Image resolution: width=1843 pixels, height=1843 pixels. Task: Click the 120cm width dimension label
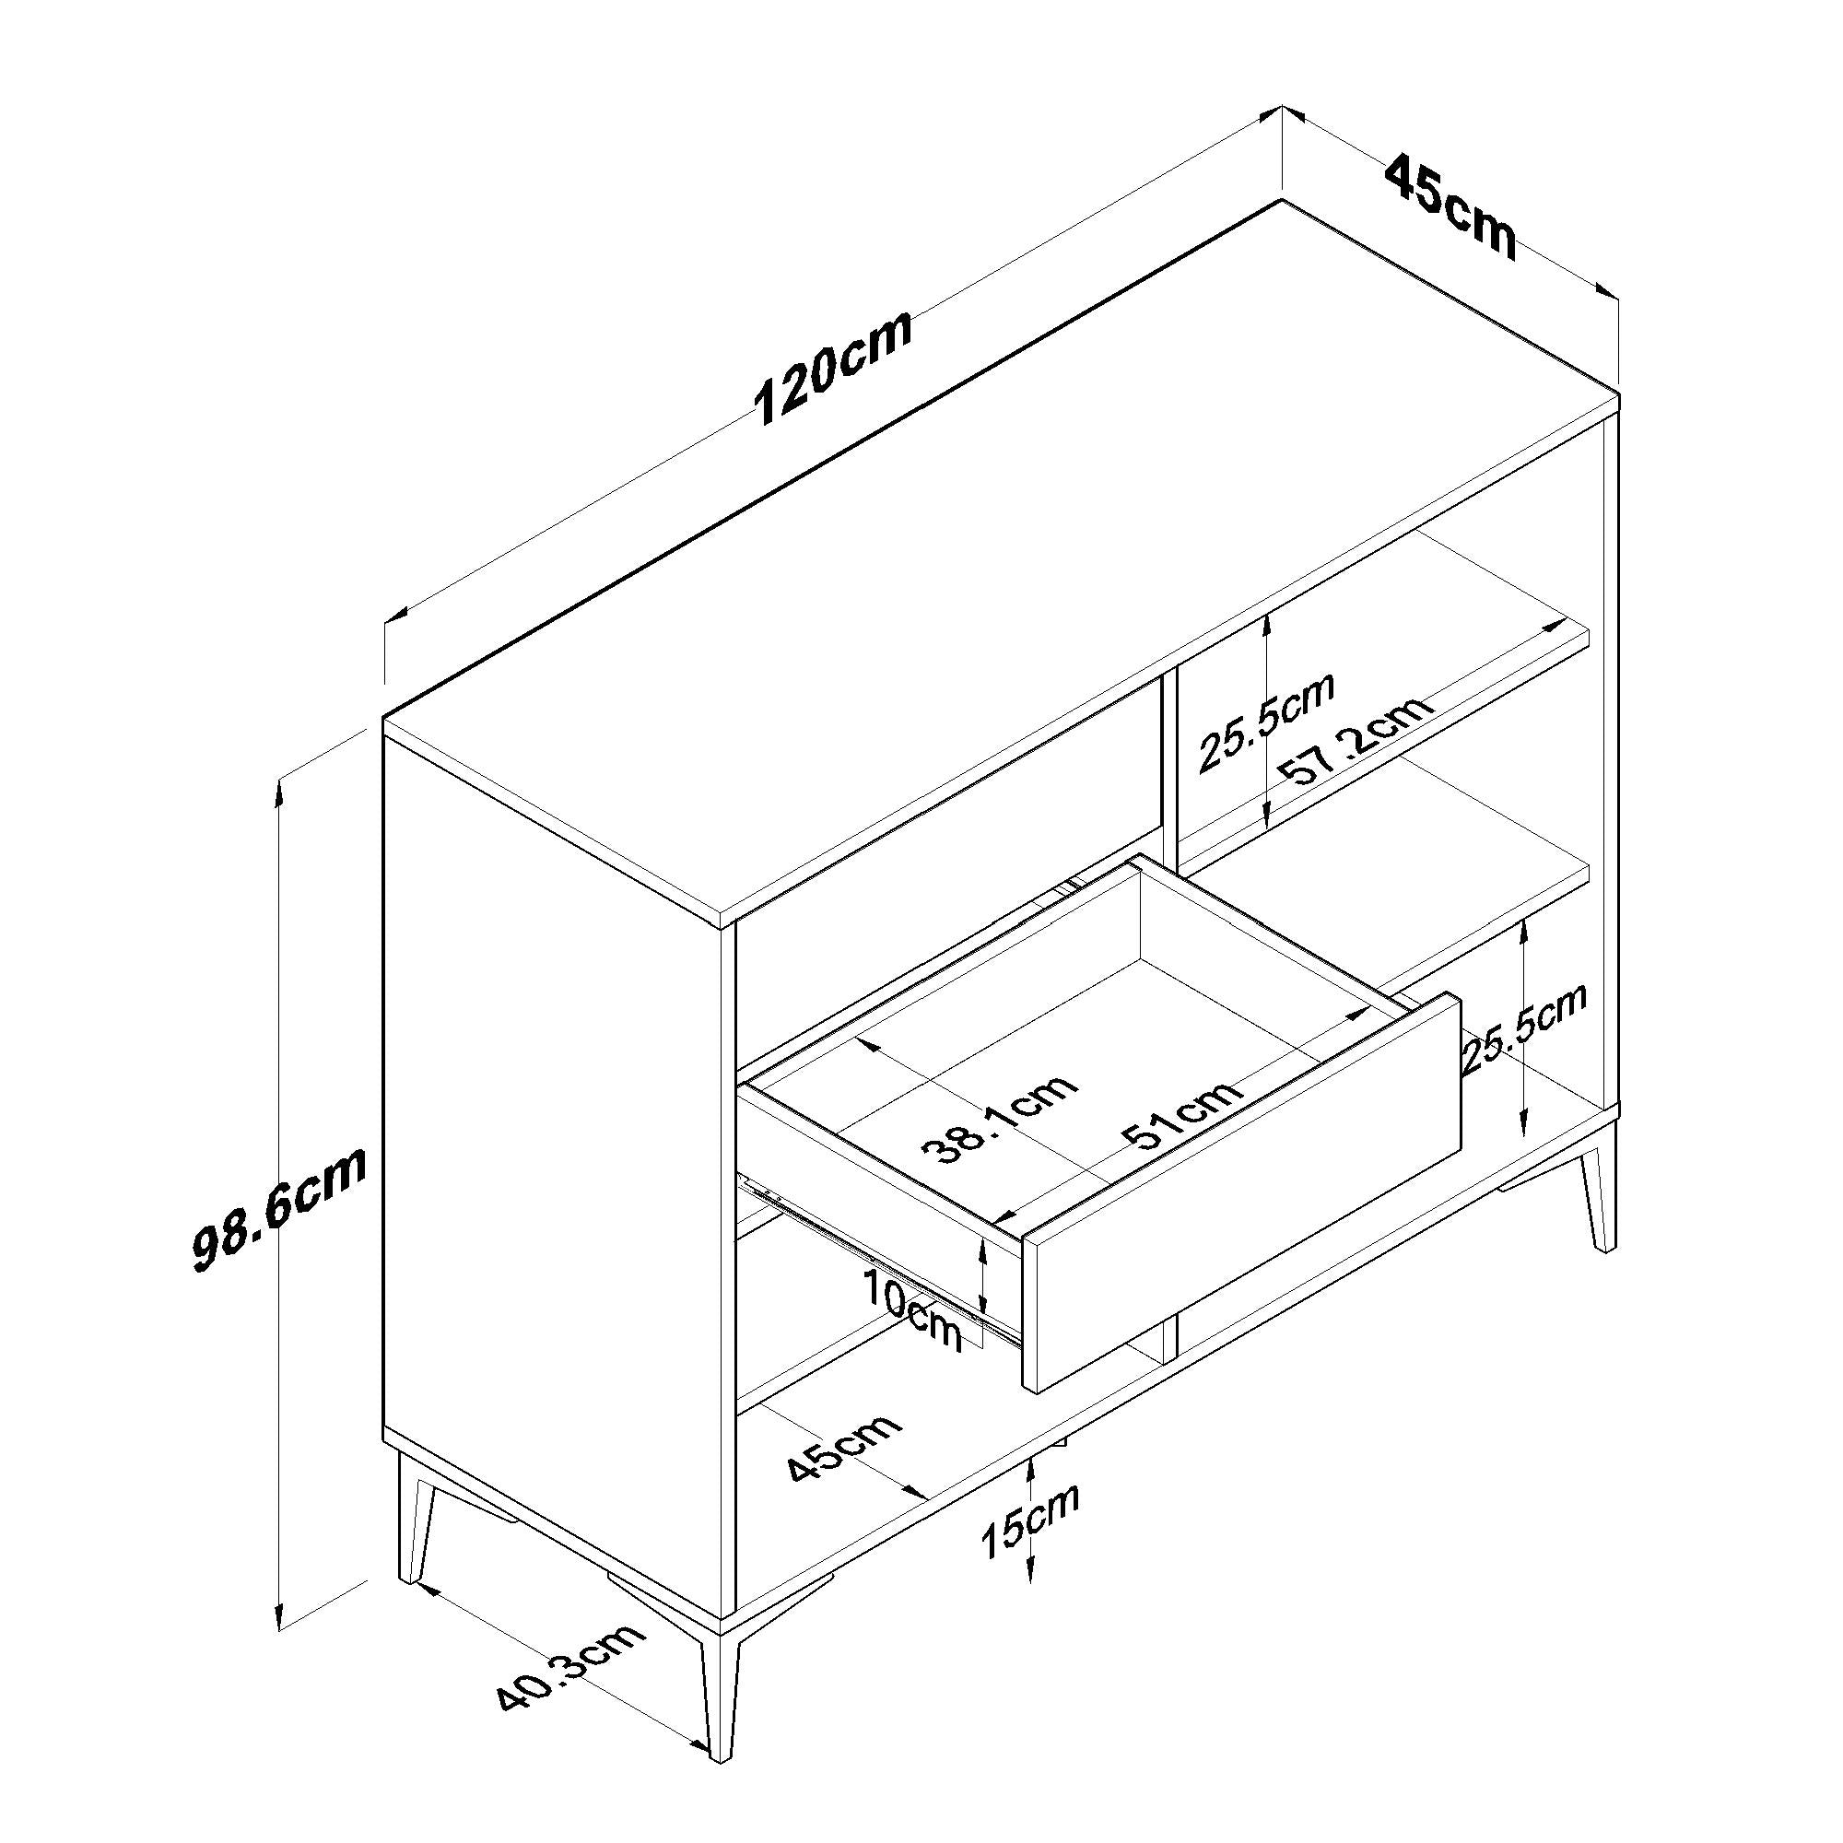point(833,367)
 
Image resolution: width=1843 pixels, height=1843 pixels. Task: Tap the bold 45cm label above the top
point(1449,208)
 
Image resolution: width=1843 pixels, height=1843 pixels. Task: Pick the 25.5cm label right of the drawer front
point(1523,1031)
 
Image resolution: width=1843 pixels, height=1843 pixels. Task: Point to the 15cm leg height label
point(1031,1536)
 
